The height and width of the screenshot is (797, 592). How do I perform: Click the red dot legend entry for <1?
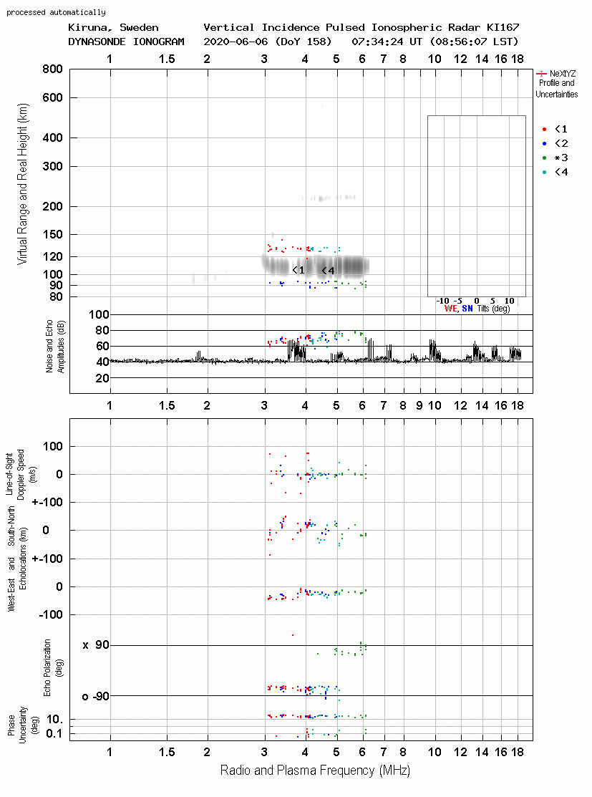(544, 129)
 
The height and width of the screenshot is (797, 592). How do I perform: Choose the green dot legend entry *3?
(544, 158)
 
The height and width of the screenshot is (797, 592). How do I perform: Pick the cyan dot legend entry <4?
(544, 172)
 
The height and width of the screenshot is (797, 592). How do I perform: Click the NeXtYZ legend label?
(563, 74)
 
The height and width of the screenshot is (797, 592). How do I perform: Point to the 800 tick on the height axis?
(52, 69)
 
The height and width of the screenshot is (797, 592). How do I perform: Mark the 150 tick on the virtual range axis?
(52, 234)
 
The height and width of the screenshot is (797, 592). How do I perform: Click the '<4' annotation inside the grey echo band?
(329, 271)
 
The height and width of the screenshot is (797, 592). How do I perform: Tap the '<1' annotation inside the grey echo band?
(299, 270)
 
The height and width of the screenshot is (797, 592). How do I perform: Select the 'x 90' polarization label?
(96, 645)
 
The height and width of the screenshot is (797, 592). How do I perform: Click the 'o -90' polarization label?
(95, 696)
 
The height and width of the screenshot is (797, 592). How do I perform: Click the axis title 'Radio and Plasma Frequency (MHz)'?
(315, 771)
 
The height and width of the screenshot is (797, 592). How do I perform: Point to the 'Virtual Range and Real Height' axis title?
(22, 184)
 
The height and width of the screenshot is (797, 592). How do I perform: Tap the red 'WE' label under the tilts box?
(451, 309)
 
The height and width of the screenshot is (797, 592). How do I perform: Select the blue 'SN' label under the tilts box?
(467, 309)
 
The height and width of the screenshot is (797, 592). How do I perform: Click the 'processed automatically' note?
(57, 12)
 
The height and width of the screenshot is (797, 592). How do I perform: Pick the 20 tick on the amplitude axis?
(102, 378)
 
